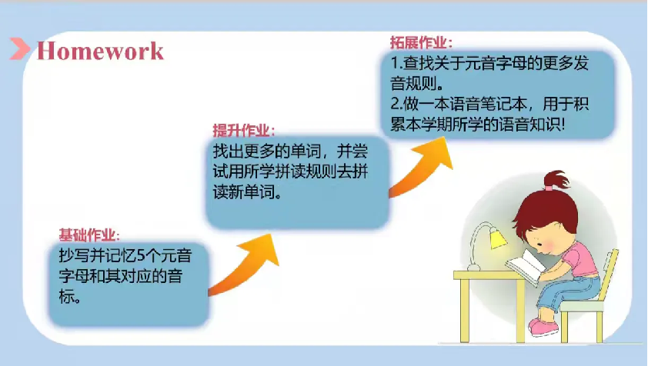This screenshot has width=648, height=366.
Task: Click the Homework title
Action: (100, 52)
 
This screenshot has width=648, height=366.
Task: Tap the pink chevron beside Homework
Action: (20, 48)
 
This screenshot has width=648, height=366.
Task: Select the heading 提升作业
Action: (244, 130)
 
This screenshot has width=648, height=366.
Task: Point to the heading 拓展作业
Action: (421, 42)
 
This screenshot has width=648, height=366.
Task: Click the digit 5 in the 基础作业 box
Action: (141, 256)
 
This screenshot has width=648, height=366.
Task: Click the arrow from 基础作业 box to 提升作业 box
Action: (245, 265)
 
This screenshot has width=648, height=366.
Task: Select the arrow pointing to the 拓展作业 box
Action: (422, 167)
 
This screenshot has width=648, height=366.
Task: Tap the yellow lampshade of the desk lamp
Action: (498, 238)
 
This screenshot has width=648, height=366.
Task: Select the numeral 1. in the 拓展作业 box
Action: (396, 63)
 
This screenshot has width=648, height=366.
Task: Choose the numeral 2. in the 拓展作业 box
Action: (396, 104)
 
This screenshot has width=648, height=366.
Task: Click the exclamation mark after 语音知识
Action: (562, 125)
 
